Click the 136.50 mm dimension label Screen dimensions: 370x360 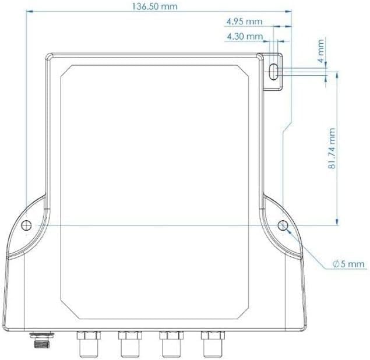154,6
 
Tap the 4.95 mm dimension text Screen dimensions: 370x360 245,22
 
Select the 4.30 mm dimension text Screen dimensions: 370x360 245,37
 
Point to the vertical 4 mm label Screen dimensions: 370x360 320,51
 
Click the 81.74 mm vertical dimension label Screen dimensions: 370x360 332,149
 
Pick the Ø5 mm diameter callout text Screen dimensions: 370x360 348,264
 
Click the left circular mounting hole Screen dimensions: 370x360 26,225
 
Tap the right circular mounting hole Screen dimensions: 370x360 283,225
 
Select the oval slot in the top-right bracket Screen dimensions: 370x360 273,72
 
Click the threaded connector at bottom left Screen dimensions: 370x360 42,340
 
